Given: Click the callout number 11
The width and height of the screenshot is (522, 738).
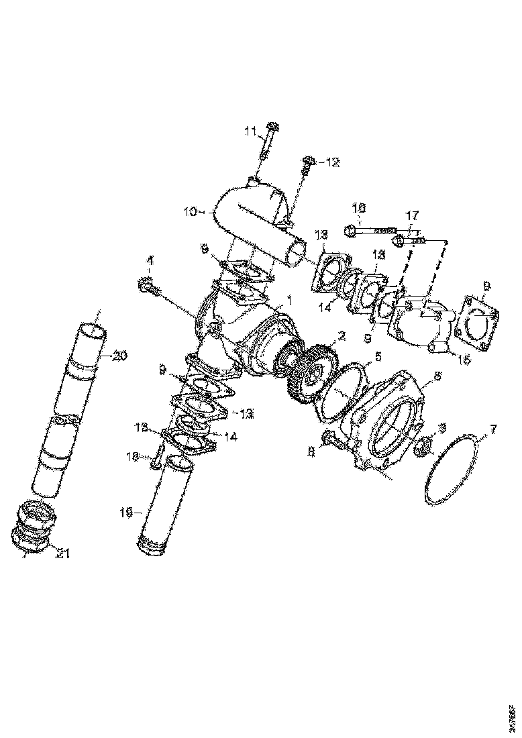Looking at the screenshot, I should (250, 131).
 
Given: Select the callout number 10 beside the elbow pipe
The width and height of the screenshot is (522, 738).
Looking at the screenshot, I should (190, 211).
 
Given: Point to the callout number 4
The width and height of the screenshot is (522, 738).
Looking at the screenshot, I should (150, 260).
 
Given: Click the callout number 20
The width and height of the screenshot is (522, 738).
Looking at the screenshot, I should (120, 356).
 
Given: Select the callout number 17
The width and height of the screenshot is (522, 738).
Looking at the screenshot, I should (412, 215).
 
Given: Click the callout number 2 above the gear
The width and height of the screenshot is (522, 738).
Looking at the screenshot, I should (342, 335).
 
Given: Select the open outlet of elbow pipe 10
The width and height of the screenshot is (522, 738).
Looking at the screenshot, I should (296, 254).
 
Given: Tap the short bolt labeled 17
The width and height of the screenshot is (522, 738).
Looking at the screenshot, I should (407, 240).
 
